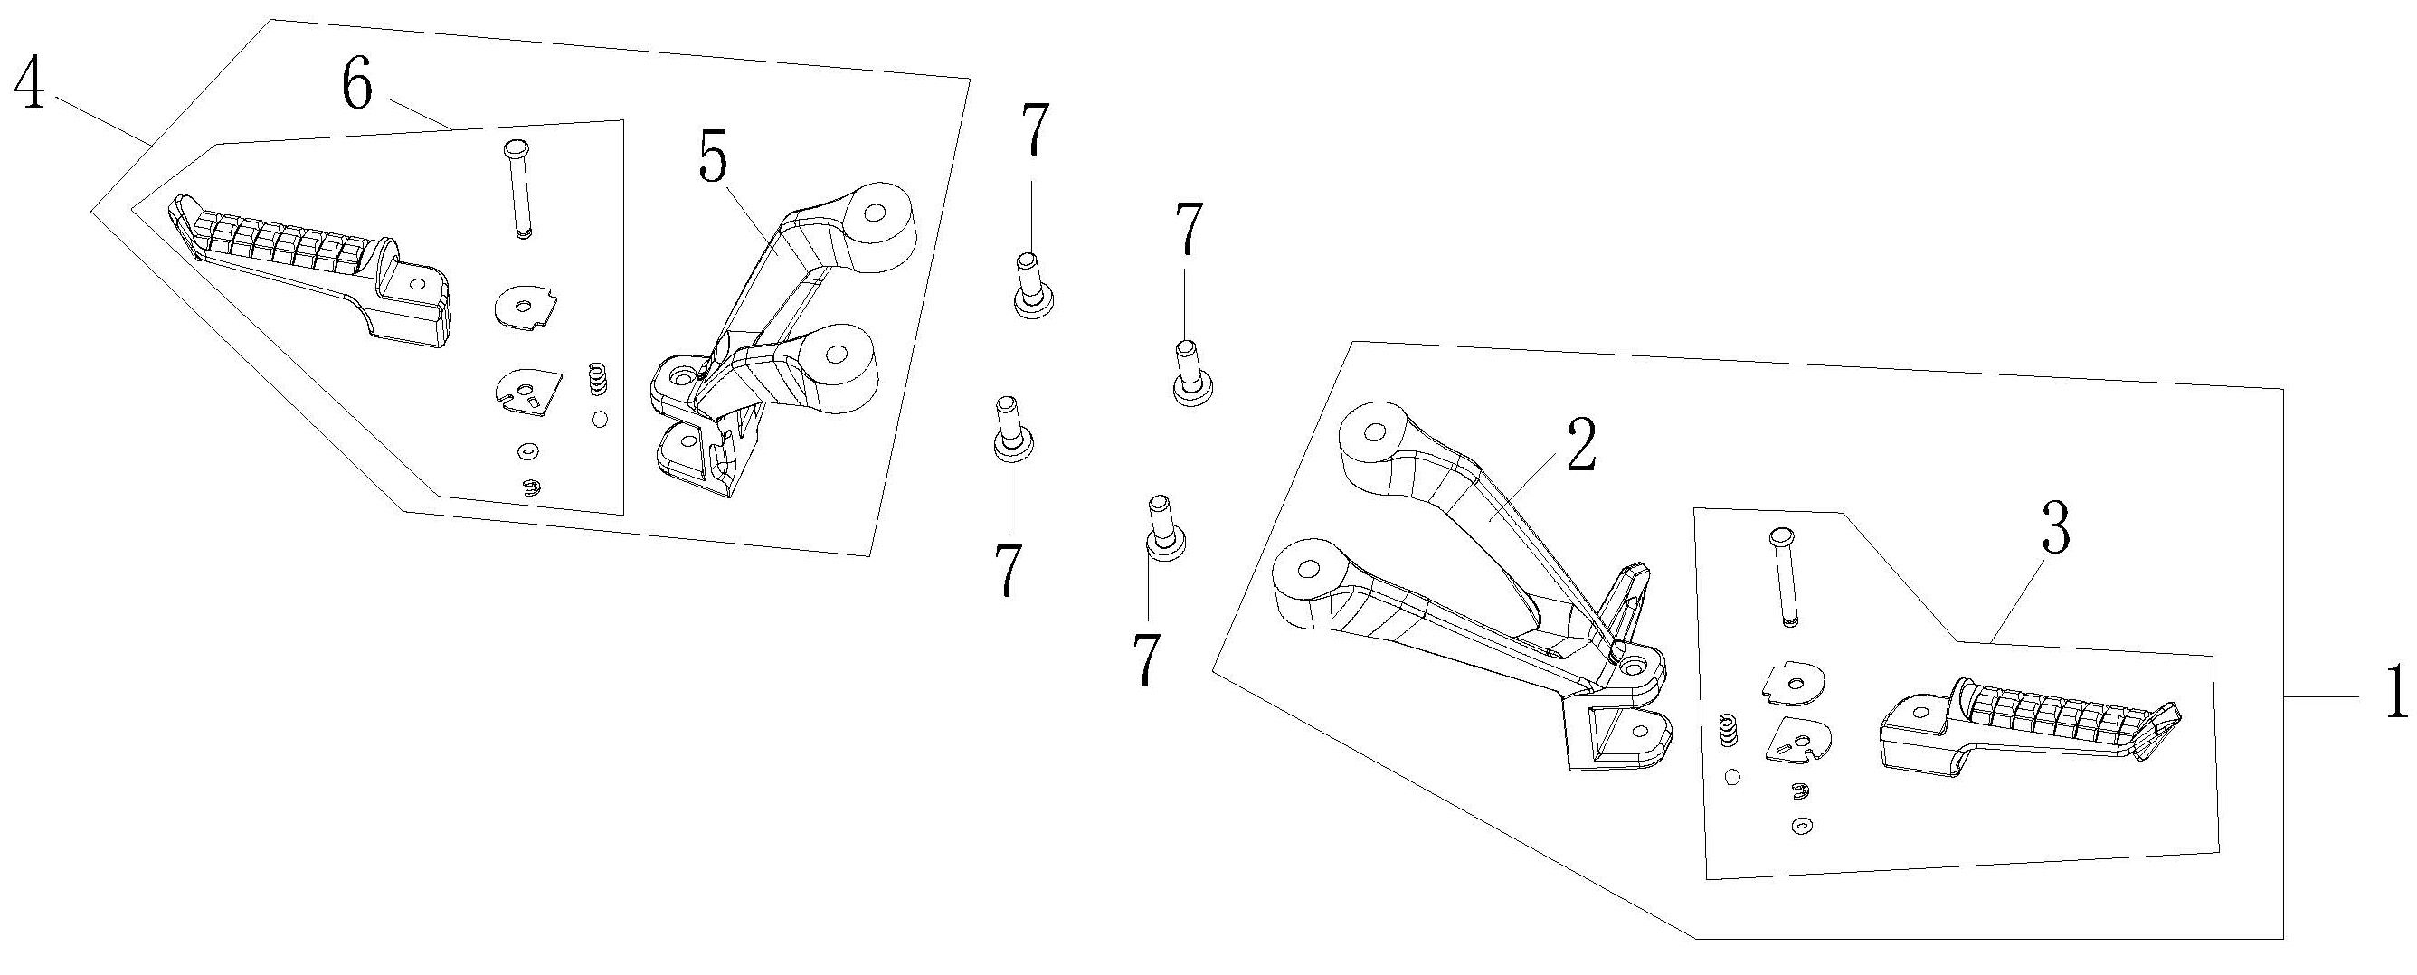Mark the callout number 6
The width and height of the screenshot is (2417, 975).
coord(356,86)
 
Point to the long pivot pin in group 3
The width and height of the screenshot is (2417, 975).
coord(1783,576)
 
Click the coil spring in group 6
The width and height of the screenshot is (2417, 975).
coord(595,380)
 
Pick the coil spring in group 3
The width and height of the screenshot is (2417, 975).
coord(1726,730)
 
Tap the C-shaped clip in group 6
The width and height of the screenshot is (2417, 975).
coord(531,486)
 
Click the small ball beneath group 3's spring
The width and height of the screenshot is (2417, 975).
coord(1732,776)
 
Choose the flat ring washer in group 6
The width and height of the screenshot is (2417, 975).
coord(528,452)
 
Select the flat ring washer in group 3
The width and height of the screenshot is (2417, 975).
coord(1801,826)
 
